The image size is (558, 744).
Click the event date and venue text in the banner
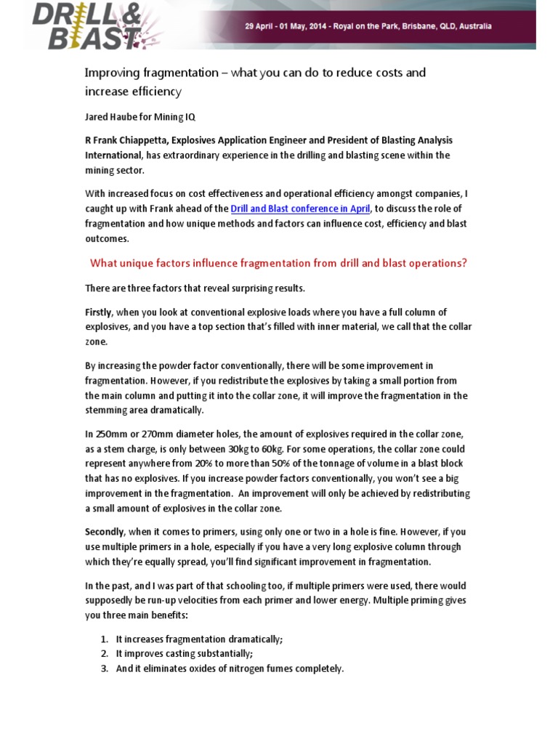click(368, 26)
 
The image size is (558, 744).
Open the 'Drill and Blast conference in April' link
click(301, 209)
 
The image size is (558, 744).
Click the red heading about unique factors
click(278, 263)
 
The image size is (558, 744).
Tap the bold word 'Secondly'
click(105, 531)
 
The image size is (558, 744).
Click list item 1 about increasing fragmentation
click(199, 639)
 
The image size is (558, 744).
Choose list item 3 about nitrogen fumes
click(229, 668)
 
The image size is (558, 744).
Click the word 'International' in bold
click(113, 155)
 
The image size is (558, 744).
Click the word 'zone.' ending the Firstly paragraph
click(97, 341)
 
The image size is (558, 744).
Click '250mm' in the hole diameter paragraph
click(113, 434)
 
